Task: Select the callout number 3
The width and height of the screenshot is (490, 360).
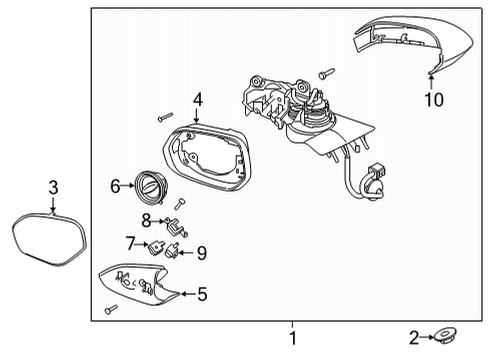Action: coord(53,186)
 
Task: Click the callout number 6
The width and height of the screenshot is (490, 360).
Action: coord(115,184)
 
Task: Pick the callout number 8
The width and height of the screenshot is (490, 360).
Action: coord(145,220)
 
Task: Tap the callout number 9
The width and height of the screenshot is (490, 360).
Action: coord(201,253)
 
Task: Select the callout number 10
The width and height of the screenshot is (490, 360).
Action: coord(433,99)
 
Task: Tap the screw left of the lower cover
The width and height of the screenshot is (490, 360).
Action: coord(110,307)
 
